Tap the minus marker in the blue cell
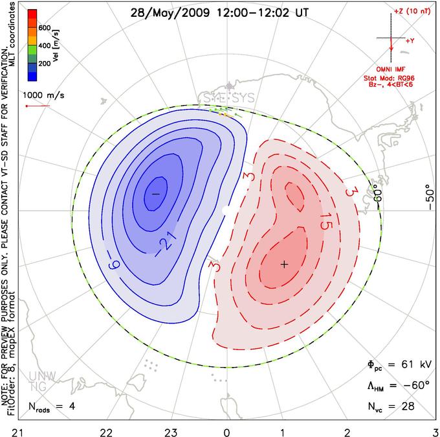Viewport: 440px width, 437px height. point(155,194)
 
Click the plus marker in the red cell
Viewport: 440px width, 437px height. point(283,264)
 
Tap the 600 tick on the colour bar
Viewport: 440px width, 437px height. point(44,28)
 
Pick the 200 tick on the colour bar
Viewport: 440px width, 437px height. point(44,64)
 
